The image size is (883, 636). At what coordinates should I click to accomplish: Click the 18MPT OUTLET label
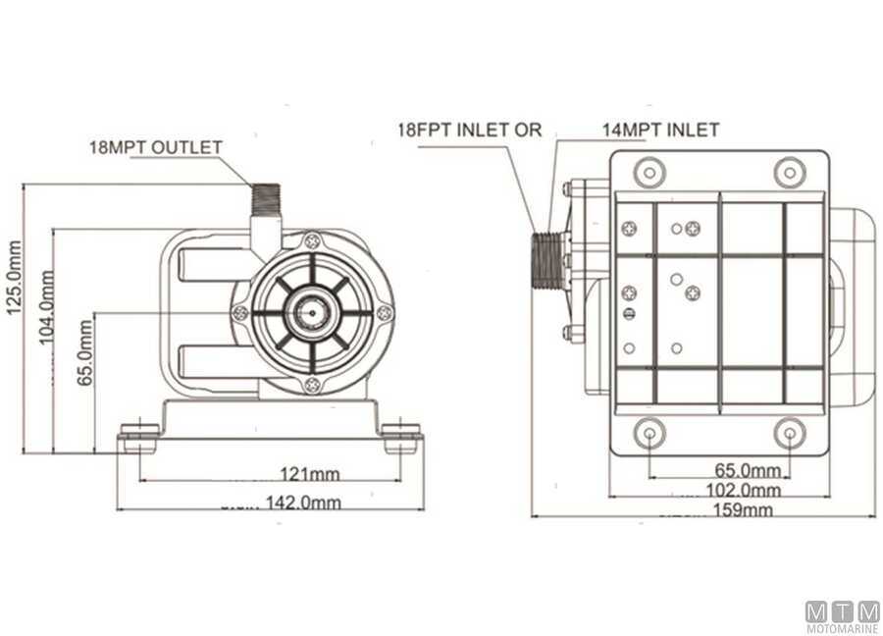tap(155, 147)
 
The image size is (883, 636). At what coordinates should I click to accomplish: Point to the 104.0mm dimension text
tap(46, 307)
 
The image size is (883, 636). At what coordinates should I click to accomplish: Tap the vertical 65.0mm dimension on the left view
tap(84, 352)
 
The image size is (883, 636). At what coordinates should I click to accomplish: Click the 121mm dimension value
tap(310, 474)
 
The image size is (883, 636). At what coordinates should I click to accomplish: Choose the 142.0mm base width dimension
tap(303, 502)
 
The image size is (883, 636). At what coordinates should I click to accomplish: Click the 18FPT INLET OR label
tap(470, 130)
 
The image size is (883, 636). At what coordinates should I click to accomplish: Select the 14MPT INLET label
tap(660, 131)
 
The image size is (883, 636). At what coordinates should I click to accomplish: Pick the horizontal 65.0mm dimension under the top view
tap(748, 470)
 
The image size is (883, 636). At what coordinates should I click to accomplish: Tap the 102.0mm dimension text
tap(744, 490)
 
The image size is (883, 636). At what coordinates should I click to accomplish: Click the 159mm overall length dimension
tap(743, 509)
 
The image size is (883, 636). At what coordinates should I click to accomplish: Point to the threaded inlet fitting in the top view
tap(546, 261)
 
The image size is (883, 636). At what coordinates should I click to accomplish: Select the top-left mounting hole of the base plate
tap(649, 172)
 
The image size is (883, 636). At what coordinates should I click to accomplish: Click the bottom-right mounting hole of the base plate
tap(790, 433)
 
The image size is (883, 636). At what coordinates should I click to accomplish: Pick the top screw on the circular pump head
tap(312, 241)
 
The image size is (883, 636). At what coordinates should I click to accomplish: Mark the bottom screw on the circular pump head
tap(312, 386)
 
